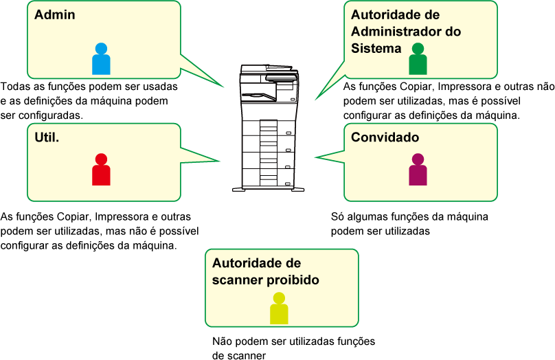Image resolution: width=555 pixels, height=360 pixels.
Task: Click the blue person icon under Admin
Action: tap(101, 59)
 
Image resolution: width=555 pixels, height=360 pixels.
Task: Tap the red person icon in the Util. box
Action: tap(101, 170)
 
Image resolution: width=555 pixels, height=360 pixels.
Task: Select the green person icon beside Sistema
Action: tap(418, 59)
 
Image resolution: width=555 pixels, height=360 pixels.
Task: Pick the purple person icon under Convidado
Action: tap(418, 170)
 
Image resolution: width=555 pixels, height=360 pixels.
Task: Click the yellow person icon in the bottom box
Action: tap(279, 308)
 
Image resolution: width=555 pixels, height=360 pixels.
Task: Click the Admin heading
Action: tap(55, 15)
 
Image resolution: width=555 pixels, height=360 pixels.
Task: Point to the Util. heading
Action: tap(47, 137)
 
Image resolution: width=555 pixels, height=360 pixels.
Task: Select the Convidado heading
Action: tap(385, 137)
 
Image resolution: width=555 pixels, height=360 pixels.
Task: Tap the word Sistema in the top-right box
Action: tap(376, 48)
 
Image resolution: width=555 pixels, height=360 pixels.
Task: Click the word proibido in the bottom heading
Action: tap(293, 280)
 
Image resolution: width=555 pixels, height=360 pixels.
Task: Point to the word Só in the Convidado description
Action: tap(338, 216)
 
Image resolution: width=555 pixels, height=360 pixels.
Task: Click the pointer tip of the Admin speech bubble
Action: tap(224, 87)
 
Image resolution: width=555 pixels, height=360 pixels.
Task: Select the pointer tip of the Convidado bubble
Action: tap(315, 157)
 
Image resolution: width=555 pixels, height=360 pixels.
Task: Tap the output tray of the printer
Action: tap(258, 96)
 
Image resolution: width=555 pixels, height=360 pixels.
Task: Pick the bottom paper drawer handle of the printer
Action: tap(288, 183)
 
